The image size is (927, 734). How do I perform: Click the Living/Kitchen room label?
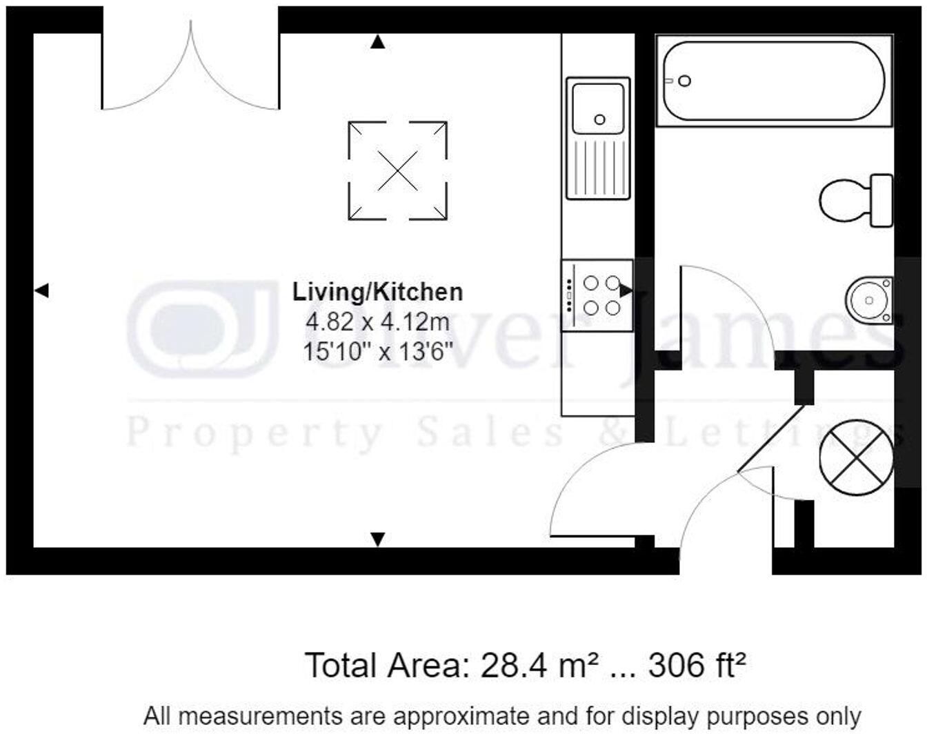(x=377, y=292)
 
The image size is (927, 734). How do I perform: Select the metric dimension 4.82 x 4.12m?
(x=377, y=322)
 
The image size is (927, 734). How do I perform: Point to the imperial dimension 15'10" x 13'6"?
(x=377, y=352)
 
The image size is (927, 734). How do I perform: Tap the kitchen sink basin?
(x=598, y=108)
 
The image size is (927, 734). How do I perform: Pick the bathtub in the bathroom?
(x=772, y=81)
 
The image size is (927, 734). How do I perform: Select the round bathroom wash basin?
(x=868, y=300)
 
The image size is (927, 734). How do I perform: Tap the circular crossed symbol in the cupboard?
(x=856, y=457)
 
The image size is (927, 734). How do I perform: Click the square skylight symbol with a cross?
(x=398, y=170)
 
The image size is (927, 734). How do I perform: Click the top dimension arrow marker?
(x=377, y=43)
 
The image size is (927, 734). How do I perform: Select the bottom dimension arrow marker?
(x=377, y=539)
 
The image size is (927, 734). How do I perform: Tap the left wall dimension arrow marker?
(x=41, y=290)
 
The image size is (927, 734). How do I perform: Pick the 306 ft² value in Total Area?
(x=697, y=666)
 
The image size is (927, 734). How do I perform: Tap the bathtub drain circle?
(x=684, y=81)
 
